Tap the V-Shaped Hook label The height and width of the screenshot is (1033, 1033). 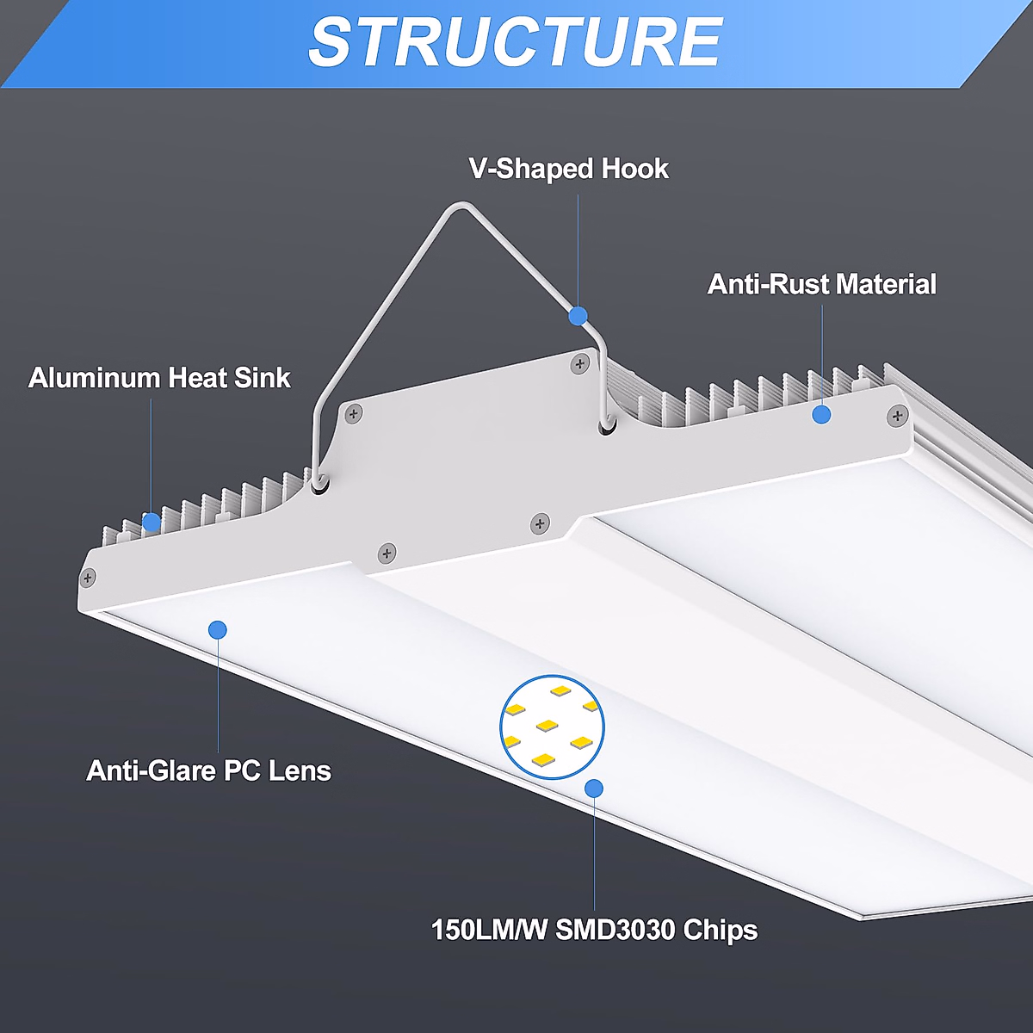click(569, 169)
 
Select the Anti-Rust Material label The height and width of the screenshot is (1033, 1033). click(821, 285)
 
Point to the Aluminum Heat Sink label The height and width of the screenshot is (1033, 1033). click(159, 378)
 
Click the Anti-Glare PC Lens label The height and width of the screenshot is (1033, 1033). click(208, 770)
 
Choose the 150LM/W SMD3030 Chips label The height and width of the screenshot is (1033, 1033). click(594, 930)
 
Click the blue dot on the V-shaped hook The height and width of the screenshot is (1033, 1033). click(578, 316)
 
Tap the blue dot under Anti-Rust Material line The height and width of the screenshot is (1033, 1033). click(821, 415)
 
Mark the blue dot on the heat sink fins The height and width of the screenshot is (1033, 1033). click(152, 522)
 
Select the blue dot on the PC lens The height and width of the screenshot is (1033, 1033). click(218, 630)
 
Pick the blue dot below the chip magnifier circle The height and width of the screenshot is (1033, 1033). click(593, 788)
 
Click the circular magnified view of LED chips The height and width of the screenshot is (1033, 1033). click(552, 727)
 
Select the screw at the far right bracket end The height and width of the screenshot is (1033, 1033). click(897, 417)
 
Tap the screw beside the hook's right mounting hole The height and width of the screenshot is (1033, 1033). click(579, 365)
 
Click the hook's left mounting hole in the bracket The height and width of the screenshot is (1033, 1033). click(319, 485)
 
